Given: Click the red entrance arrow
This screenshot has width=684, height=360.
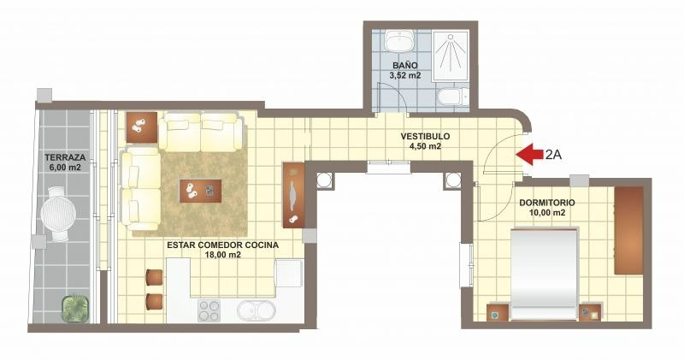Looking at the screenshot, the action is point(528,155).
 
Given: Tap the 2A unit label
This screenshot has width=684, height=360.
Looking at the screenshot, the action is point(552,155).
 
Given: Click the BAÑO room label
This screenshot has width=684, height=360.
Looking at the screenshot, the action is point(404,66).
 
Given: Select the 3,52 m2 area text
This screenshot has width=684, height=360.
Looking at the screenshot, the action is point(404,75).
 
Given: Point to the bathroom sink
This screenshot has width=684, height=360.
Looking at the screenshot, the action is point(399,42).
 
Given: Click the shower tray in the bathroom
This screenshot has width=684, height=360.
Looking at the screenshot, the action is point(451,55).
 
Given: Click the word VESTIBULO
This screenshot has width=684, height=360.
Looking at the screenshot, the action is point(425,137).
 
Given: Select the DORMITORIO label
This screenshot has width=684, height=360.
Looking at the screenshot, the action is point(546,203).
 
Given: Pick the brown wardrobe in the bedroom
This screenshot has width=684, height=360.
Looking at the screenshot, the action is point(628,230).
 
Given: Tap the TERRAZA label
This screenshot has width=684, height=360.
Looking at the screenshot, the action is point(65,157).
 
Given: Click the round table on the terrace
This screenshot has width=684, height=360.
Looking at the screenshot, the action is point(58,214).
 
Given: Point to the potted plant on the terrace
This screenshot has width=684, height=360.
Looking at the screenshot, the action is point(75,309).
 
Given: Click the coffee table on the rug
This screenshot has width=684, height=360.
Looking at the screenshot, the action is point(200,191).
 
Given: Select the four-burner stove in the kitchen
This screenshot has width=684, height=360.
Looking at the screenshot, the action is point(209,310).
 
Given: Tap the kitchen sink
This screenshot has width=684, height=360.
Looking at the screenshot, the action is point(256,310).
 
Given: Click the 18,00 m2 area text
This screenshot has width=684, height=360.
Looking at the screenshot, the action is point(222,256).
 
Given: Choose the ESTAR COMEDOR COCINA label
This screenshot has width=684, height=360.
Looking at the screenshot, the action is point(222,245).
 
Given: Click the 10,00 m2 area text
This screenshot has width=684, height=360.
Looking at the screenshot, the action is point(546,213).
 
